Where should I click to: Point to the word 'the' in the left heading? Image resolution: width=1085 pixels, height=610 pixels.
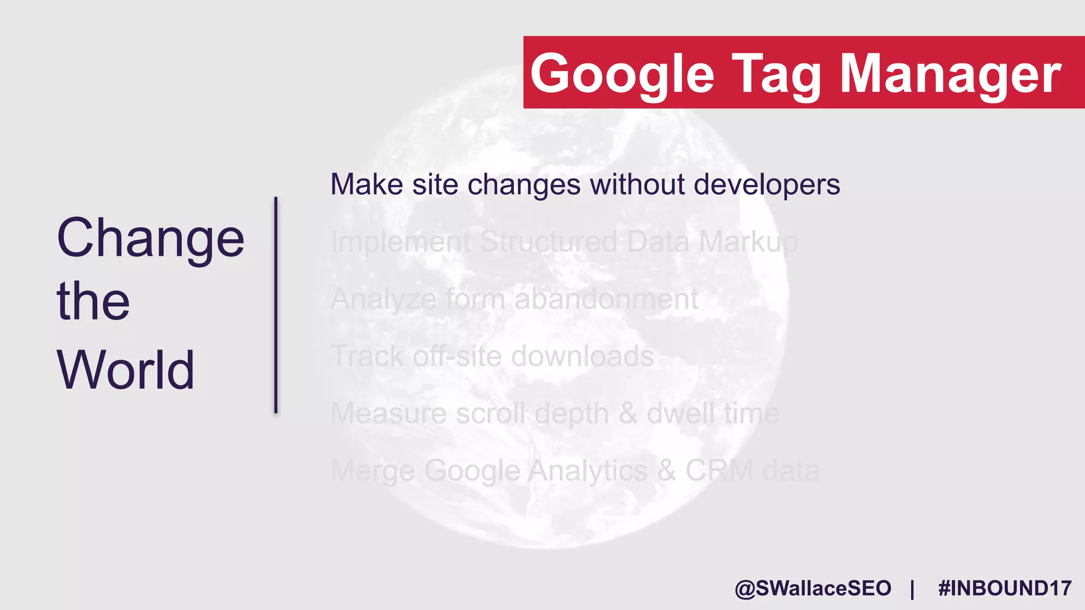(93, 301)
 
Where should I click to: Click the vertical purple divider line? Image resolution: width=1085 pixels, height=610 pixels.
(275, 304)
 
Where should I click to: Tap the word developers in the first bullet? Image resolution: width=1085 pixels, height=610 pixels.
(767, 185)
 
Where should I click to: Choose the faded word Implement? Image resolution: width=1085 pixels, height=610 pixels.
(401, 243)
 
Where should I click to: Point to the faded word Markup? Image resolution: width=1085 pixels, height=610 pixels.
(748, 243)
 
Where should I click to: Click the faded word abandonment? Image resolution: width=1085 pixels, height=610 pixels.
(606, 299)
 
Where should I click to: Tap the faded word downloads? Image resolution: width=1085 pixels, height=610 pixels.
(582, 356)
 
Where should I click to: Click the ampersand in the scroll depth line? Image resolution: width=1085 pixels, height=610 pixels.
(627, 413)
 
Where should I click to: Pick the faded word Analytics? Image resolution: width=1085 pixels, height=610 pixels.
(588, 471)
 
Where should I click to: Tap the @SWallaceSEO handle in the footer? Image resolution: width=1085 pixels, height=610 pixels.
(813, 588)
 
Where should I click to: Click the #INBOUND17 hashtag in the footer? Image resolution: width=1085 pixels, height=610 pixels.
(1004, 588)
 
